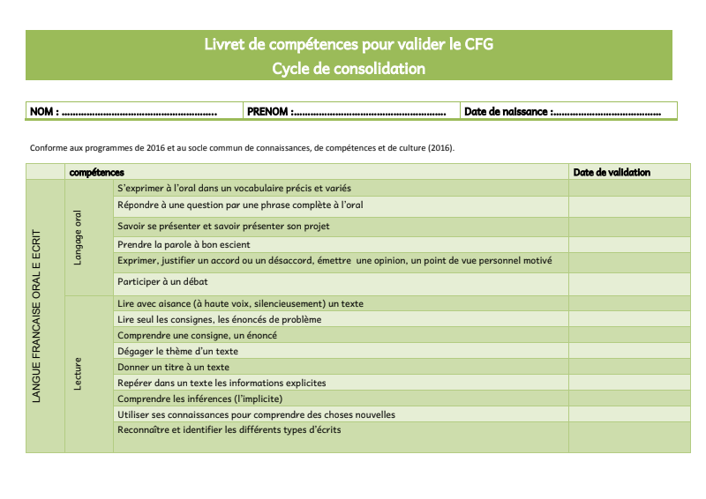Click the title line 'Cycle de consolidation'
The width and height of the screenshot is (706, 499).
pyautogui.click(x=349, y=68)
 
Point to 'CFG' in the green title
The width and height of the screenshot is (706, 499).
pyautogui.click(x=477, y=44)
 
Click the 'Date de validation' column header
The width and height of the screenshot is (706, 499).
pyautogui.click(x=612, y=172)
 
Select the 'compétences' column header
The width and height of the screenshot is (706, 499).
pyautogui.click(x=96, y=172)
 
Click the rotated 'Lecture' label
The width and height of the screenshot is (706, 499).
pyautogui.click(x=78, y=374)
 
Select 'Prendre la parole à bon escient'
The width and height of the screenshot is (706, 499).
pyautogui.click(x=184, y=244)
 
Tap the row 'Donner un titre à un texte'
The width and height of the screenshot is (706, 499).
pyautogui.click(x=173, y=367)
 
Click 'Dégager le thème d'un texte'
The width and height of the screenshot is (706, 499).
pyautogui.click(x=177, y=351)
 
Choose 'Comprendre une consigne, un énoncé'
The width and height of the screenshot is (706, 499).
pyautogui.click(x=197, y=335)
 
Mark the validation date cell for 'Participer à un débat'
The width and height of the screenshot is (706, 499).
pyautogui.click(x=628, y=283)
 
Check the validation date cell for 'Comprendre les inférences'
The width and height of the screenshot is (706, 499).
pyautogui.click(x=628, y=398)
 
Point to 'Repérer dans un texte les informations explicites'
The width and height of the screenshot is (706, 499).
pyautogui.click(x=222, y=383)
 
